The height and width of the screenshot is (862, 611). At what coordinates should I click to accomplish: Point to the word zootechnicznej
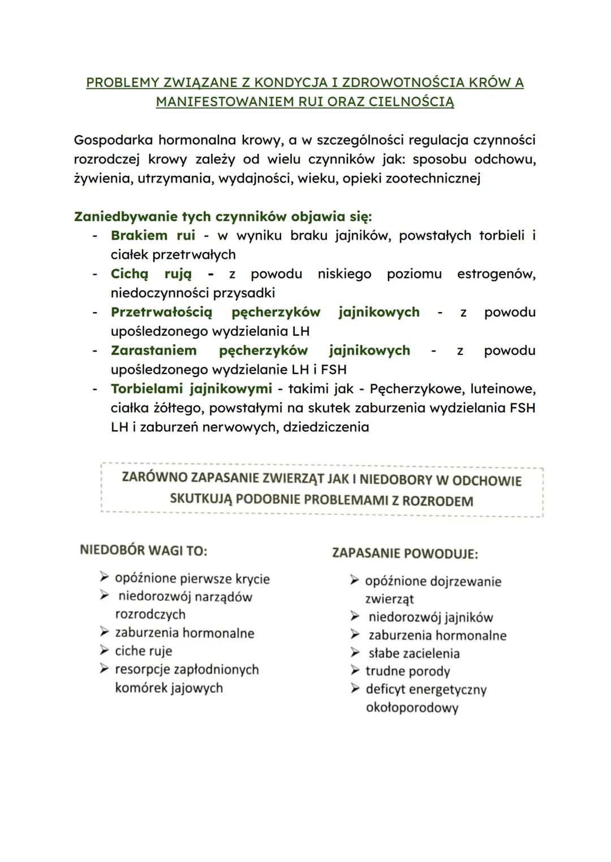point(433,179)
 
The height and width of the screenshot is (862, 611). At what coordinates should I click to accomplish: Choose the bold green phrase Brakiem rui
point(153,236)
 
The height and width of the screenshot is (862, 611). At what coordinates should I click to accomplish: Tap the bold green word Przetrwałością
point(162,312)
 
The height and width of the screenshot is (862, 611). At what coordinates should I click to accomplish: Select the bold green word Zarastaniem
point(154,350)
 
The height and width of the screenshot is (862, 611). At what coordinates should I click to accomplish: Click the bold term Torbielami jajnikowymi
point(191,389)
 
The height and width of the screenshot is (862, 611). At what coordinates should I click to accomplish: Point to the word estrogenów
point(496,274)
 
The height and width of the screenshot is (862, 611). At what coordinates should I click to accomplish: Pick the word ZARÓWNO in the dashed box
point(154,477)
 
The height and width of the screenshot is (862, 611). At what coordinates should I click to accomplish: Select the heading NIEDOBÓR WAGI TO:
point(144,551)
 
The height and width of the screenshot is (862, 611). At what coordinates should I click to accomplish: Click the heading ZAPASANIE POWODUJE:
point(405,553)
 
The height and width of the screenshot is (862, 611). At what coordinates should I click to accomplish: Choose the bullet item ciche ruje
point(144,651)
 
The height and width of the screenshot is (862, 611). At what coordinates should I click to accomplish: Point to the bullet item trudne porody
point(408,672)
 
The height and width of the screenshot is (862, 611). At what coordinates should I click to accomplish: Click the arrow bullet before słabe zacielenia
point(355,653)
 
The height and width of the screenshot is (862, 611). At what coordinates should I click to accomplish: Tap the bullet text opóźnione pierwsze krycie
point(192,579)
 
